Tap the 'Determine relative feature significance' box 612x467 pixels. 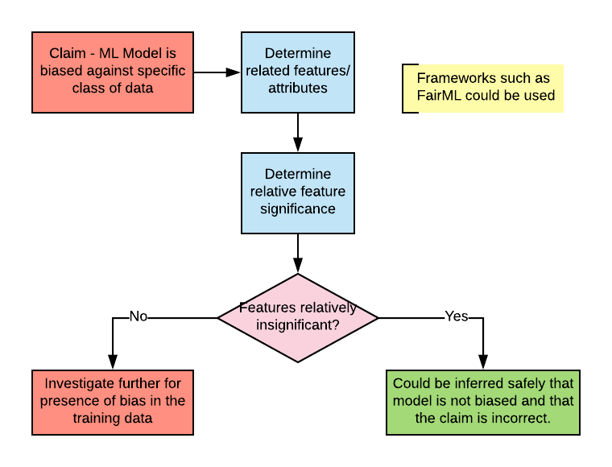pyautogui.click(x=298, y=192)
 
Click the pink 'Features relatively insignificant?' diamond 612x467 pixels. pyautogui.click(x=298, y=318)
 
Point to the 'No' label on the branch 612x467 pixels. pyautogui.click(x=139, y=316)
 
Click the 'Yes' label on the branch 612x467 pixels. pyautogui.click(x=456, y=316)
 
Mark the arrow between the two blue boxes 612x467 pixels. pyautogui.click(x=298, y=132)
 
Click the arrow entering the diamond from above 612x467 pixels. pyautogui.click(x=298, y=254)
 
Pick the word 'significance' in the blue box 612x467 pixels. pyautogui.click(x=298, y=209)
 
